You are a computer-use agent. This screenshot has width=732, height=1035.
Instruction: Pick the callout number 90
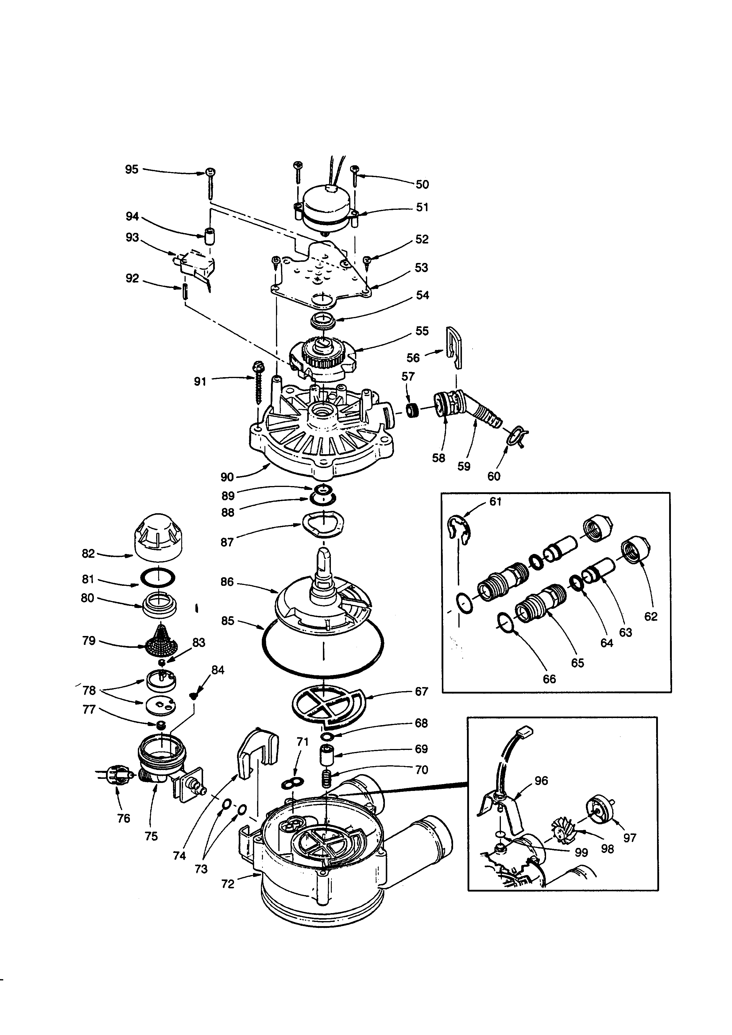click(227, 477)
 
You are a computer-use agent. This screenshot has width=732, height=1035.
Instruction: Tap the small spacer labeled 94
click(210, 236)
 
